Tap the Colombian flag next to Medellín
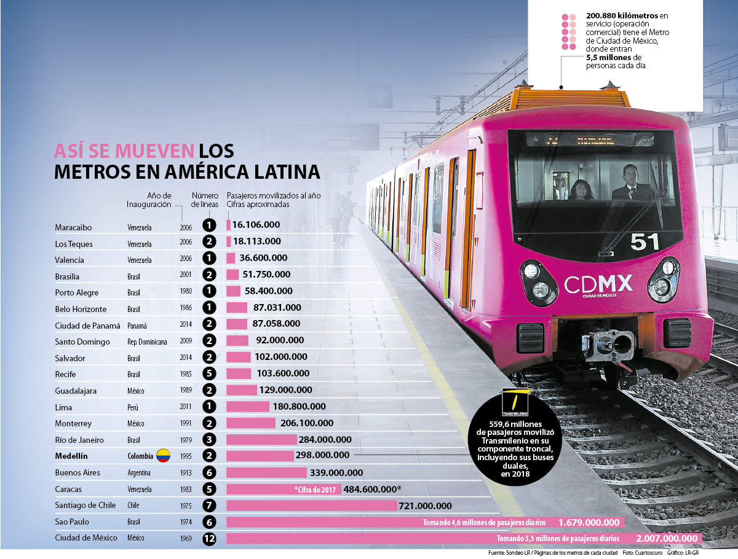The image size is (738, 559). [163, 456]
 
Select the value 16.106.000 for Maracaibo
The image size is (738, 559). [256, 225]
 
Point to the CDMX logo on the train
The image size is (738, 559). [598, 284]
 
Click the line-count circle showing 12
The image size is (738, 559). [210, 539]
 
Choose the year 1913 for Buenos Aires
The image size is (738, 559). [186, 473]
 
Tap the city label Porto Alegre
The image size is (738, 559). [77, 293]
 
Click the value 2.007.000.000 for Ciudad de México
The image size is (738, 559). [667, 539]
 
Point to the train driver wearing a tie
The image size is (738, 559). [632, 184]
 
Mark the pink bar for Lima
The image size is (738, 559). [248, 407]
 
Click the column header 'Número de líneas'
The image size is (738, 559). [205, 200]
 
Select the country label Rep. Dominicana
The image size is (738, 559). [147, 342]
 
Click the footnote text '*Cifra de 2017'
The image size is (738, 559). [312, 490]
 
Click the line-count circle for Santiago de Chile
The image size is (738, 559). [210, 506]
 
